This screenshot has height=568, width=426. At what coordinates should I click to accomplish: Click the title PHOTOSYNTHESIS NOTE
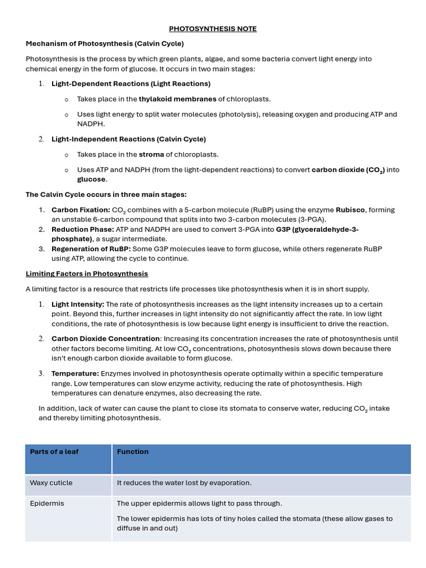click(212, 29)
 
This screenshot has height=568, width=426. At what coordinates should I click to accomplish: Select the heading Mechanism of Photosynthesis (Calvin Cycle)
click(105, 43)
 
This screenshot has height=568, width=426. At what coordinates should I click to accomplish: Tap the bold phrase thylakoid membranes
click(177, 99)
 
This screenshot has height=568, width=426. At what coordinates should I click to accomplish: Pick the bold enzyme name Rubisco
click(351, 210)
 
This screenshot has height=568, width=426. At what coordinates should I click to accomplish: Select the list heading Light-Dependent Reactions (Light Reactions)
click(131, 84)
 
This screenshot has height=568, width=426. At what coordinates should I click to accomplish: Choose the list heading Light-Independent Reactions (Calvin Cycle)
click(129, 139)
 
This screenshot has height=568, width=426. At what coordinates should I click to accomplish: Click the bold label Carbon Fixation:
click(80, 210)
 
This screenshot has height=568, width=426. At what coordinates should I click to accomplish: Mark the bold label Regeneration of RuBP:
click(91, 249)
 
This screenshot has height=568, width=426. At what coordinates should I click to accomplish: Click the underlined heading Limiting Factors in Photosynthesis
click(87, 274)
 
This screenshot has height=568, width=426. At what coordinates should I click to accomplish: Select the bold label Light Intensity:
click(78, 305)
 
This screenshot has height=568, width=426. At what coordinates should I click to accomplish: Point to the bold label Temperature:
click(75, 374)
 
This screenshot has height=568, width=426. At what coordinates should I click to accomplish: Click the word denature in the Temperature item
click(121, 393)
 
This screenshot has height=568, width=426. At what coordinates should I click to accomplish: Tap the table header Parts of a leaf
click(54, 452)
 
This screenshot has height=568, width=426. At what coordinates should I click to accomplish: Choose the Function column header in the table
click(133, 452)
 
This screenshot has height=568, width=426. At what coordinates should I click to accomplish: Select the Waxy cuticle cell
click(51, 483)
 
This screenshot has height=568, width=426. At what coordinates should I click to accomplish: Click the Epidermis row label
click(47, 504)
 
